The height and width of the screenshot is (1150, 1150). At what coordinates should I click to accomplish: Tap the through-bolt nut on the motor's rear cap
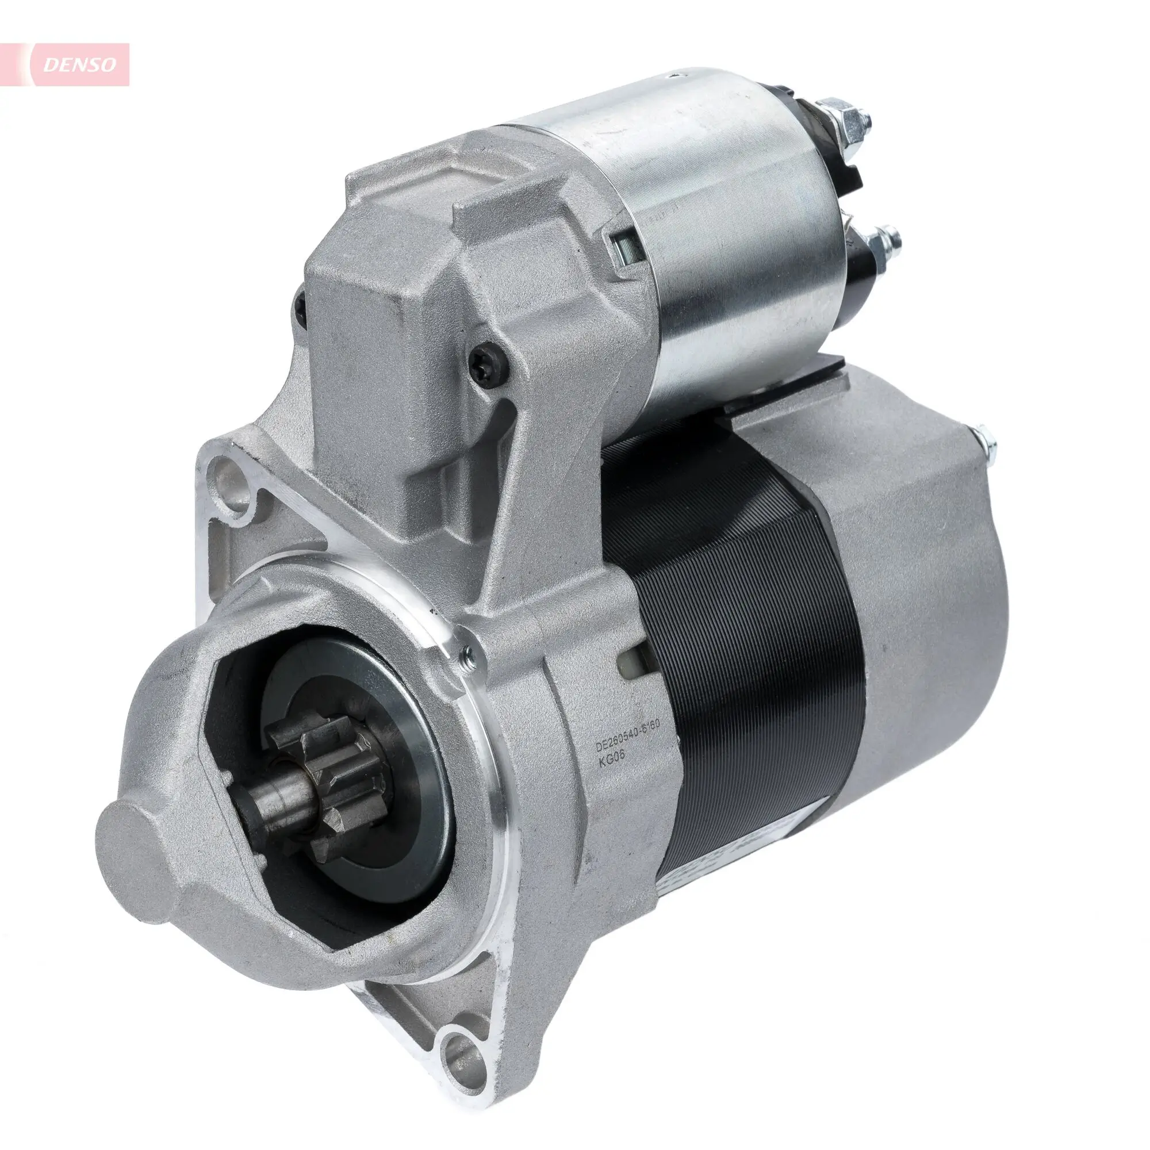pyautogui.click(x=985, y=440)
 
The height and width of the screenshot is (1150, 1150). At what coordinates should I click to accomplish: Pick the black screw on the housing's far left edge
pyautogui.click(x=300, y=305)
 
